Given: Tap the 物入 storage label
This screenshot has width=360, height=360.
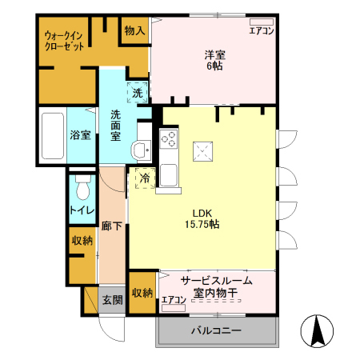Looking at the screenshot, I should (134, 31).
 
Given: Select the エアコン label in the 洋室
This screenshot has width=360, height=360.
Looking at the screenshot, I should (262, 30).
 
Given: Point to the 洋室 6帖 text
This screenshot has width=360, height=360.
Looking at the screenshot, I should (213, 60).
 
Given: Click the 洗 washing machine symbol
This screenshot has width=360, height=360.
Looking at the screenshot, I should (137, 92).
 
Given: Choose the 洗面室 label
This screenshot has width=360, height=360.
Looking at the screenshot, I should (116, 125).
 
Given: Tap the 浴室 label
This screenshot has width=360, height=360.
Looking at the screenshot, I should (78, 135).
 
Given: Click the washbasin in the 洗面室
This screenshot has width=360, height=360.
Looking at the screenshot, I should (141, 149).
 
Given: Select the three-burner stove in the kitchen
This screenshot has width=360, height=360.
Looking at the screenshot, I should (169, 138).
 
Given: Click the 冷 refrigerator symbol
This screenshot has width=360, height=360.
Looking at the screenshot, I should (145, 178).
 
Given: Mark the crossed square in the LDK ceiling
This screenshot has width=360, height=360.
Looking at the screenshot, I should (205, 149).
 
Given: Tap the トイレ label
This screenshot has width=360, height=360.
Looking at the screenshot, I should (80, 210).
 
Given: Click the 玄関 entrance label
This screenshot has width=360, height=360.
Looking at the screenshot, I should (111, 300).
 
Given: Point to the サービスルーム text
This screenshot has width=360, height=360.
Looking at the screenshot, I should (216, 280).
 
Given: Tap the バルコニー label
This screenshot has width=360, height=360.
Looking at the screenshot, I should (215, 330).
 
